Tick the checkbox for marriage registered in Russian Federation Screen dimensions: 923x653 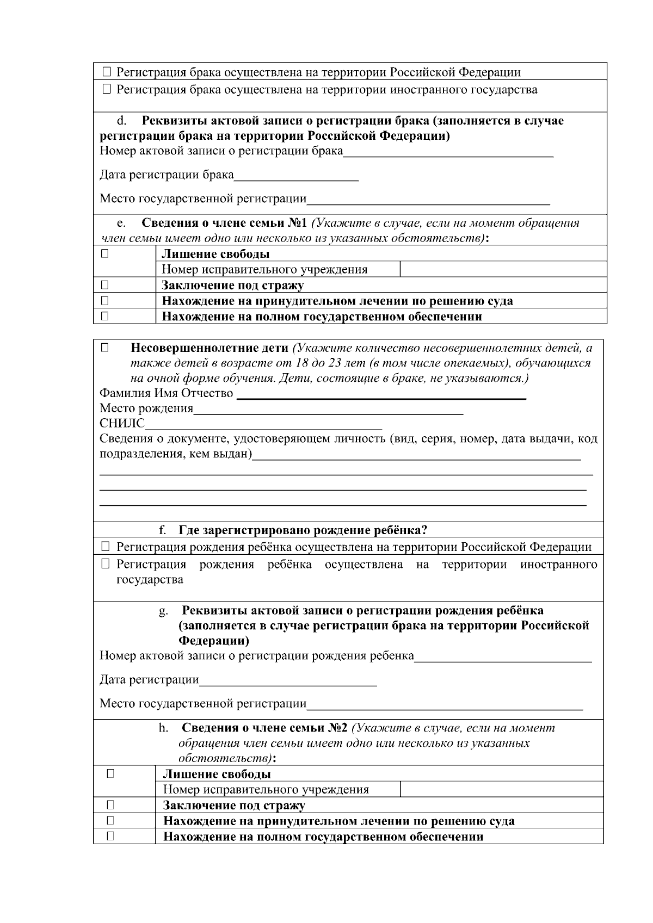106,72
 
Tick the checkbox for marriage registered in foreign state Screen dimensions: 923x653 106,89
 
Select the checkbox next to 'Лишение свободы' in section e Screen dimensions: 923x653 104,253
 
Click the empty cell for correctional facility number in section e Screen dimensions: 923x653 503,269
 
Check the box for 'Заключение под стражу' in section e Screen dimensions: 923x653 104,285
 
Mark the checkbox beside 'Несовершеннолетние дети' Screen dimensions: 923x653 104,348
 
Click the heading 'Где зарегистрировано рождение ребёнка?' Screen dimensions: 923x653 303,530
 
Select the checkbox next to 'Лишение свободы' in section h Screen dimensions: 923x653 110,773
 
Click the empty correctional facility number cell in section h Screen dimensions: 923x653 501,789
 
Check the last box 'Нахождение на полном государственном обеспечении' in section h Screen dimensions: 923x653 110,837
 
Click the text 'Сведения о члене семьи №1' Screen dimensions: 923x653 225,223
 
